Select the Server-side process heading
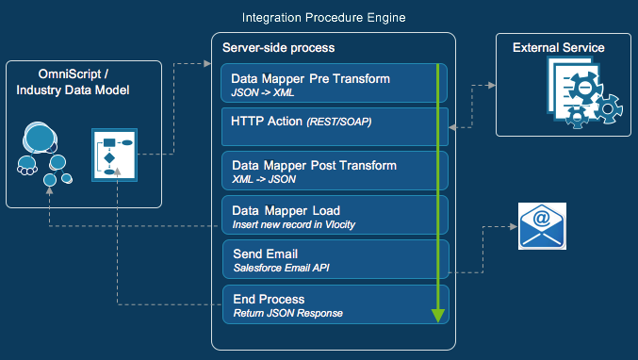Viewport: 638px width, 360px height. (x=278, y=47)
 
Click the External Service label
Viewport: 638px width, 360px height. (x=558, y=47)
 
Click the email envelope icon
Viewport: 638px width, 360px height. (x=542, y=226)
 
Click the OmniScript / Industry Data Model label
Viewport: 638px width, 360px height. (x=72, y=82)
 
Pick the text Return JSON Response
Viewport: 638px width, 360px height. (x=287, y=313)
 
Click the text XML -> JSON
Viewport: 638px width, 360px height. (x=264, y=179)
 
